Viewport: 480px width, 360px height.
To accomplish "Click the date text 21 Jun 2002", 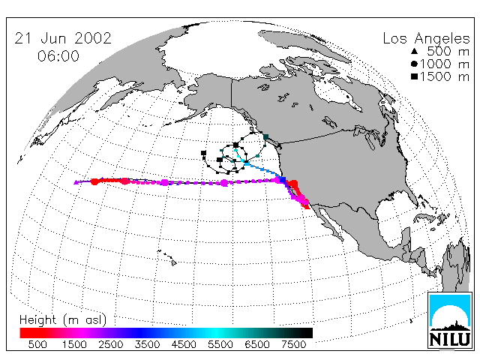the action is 63,38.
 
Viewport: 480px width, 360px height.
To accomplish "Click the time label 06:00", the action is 58,56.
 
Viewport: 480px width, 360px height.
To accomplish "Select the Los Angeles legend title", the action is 427,39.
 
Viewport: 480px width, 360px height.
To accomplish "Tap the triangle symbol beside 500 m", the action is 415,51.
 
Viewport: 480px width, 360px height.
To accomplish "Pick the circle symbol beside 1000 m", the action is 414,64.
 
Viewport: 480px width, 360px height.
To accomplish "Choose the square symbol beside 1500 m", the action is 414,76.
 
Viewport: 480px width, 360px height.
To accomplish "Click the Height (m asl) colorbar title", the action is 63,320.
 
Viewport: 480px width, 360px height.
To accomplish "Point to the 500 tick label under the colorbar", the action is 37,344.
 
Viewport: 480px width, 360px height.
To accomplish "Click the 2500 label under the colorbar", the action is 111,344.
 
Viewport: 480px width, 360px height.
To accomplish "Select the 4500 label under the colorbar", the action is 184,344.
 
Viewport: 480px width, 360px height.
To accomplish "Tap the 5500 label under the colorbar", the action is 220,344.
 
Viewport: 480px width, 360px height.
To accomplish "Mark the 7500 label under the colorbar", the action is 293,344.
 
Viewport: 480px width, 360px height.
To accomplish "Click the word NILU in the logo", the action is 450,339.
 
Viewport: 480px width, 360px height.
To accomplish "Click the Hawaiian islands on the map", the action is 167,257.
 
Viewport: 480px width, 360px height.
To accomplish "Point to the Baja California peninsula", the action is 331,221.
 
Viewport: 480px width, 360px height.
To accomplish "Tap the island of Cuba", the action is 424,217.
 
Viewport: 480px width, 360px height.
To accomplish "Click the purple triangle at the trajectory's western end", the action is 76,182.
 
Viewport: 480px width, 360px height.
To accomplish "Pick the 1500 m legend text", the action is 444,76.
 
